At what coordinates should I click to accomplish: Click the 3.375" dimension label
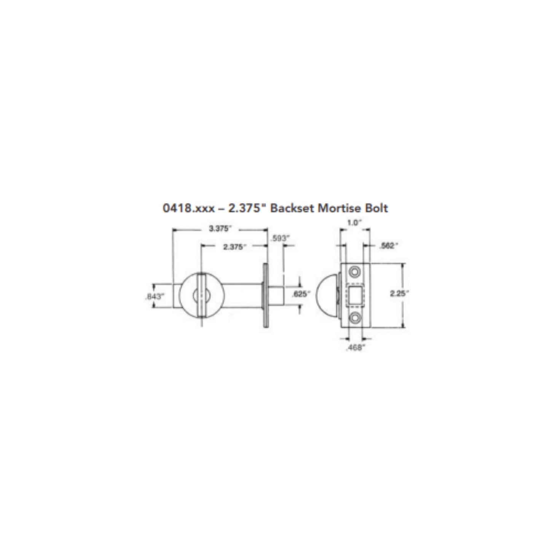point(220,229)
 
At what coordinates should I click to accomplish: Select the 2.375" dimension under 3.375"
point(233,247)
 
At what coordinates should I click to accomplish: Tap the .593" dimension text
point(280,239)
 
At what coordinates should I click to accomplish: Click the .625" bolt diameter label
point(301,294)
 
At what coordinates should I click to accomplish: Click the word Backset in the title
point(293,208)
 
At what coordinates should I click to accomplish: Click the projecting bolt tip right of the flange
point(276,294)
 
